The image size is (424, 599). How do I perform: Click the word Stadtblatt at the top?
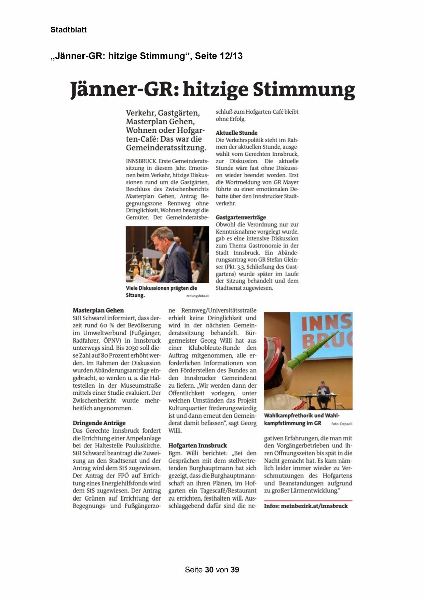(x=68, y=30)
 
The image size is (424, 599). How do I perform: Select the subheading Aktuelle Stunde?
(x=236, y=133)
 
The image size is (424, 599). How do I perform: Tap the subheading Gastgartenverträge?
(x=241, y=217)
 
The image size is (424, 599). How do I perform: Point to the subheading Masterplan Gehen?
(x=98, y=310)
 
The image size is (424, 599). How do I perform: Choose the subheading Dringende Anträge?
(x=99, y=423)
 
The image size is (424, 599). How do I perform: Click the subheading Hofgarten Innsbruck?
(x=197, y=445)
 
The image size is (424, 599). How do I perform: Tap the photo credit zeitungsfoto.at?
(x=197, y=296)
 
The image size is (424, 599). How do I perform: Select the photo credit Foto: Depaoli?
(x=341, y=424)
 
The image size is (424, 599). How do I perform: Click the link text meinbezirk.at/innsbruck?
(x=314, y=506)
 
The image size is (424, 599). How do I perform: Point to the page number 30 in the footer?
(x=209, y=570)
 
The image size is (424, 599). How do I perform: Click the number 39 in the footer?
(x=235, y=570)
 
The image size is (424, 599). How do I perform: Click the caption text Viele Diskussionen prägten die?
(x=161, y=288)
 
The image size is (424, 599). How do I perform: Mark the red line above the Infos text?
(x=308, y=500)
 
